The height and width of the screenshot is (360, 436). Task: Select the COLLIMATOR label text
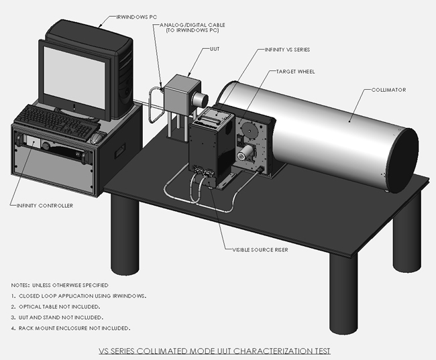click(x=390, y=90)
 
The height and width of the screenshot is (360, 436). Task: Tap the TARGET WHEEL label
click(x=296, y=70)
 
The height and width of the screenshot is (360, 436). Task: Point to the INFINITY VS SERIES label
click(x=287, y=50)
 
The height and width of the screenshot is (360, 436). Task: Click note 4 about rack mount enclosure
click(x=74, y=328)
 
